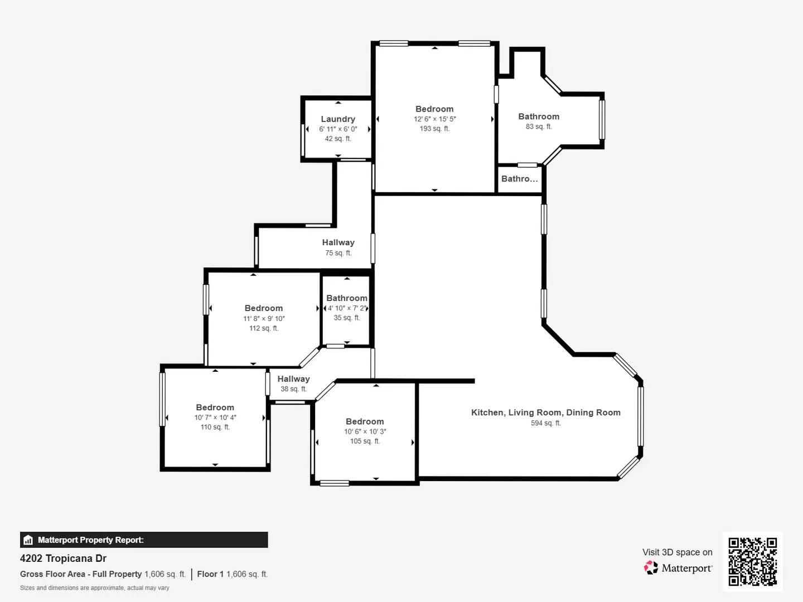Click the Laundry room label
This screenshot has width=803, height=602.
click(338, 119)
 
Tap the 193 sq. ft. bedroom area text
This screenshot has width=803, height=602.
click(434, 129)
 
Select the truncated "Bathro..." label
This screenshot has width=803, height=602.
click(520, 179)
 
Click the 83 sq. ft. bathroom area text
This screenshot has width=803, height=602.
click(539, 127)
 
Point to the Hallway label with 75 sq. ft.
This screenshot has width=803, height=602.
click(338, 242)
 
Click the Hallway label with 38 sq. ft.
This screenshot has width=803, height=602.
click(293, 379)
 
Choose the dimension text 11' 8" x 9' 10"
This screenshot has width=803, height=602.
click(264, 319)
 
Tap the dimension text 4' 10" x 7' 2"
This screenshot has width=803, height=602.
click(347, 308)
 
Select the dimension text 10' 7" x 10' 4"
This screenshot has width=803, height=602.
click(215, 417)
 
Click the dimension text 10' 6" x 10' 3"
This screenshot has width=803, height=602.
click(365, 431)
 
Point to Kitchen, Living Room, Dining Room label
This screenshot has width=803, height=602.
click(546, 412)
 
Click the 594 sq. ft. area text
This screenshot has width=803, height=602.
click(546, 423)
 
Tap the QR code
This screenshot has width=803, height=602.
click(752, 561)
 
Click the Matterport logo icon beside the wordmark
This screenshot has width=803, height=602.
click(651, 567)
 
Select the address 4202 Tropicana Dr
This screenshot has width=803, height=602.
click(63, 559)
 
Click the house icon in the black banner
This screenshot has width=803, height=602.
click(28, 540)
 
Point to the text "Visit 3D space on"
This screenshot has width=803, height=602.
click(677, 552)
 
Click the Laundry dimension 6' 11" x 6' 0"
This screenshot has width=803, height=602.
click(338, 129)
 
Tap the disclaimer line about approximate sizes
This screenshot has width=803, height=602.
click(95, 588)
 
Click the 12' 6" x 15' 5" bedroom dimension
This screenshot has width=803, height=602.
click(434, 119)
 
